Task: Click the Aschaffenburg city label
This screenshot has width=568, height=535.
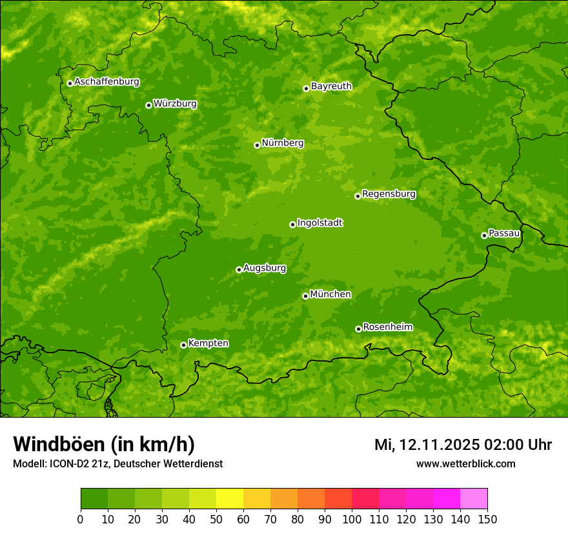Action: (x=107, y=82)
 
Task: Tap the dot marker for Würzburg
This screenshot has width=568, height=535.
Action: (x=148, y=105)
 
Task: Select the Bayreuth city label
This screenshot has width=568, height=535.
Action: (x=331, y=86)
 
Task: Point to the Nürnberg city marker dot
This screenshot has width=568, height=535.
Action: (x=257, y=145)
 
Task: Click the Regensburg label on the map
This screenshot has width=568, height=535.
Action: (x=389, y=194)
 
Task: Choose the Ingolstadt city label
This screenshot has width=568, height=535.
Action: (x=319, y=223)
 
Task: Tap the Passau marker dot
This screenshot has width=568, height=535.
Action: (x=484, y=235)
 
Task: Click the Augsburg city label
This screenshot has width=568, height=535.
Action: (x=265, y=268)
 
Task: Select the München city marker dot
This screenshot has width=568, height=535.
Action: (x=305, y=296)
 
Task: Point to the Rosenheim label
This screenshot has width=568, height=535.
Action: (x=387, y=327)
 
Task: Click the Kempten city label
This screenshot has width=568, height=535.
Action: (x=208, y=344)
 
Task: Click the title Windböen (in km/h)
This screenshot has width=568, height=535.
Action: (x=104, y=444)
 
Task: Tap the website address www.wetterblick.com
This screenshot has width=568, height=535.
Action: (x=465, y=463)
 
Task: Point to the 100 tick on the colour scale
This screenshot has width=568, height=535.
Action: (x=352, y=519)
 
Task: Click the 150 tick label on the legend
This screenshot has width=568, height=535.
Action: (x=487, y=519)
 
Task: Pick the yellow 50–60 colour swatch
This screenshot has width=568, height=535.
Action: (x=230, y=499)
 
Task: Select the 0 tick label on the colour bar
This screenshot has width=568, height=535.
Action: (x=81, y=519)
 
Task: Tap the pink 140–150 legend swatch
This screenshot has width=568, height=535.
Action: (x=474, y=499)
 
